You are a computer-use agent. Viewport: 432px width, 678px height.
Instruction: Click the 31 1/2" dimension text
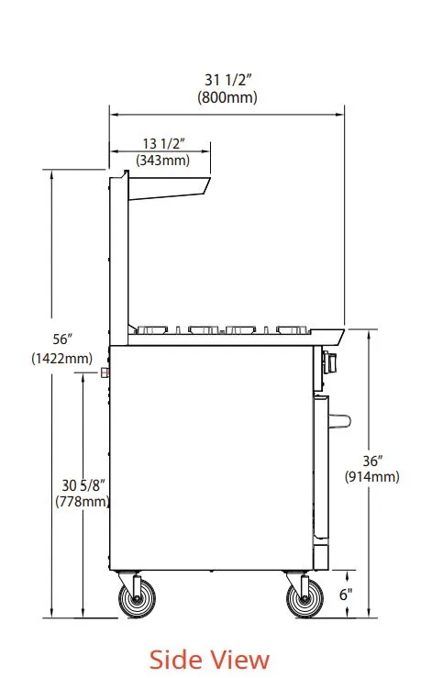click(x=227, y=80)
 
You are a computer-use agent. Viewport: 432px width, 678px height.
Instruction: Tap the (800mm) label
click(x=227, y=97)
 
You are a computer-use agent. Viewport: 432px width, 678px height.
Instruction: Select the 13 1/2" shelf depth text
click(x=164, y=143)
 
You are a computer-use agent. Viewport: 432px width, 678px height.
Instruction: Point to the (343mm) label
click(x=163, y=160)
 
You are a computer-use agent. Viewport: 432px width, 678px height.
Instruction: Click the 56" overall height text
click(x=62, y=339)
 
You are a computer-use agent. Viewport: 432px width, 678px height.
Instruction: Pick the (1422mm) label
click(x=61, y=358)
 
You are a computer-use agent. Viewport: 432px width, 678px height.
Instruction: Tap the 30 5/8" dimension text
click(x=83, y=485)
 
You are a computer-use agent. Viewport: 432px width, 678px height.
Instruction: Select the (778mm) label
click(x=83, y=502)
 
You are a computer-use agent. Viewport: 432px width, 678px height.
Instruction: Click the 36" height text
click(x=372, y=461)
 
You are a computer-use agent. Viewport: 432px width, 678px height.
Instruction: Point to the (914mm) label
click(x=371, y=477)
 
